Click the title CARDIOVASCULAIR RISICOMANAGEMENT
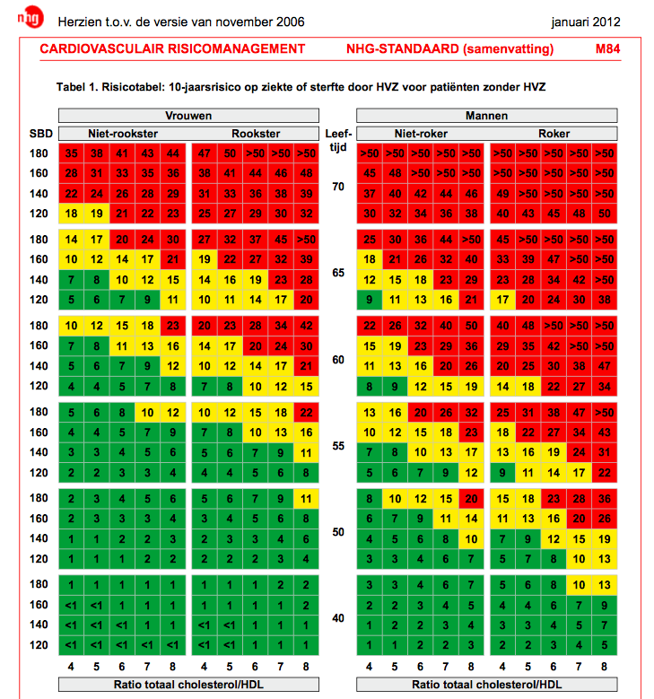tap(172, 49)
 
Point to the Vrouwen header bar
tap(187, 116)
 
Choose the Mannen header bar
tap(486, 116)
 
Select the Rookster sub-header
tap(255, 134)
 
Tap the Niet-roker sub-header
tap(421, 134)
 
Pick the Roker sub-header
tap(554, 134)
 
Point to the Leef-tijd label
tap(338, 139)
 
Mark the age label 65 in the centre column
tap(338, 273)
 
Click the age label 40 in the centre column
tap(338, 618)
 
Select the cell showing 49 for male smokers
tap(502, 194)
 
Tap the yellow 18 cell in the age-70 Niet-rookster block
tap(72, 214)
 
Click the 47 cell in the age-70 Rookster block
tap(204, 153)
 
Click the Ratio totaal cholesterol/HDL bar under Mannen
tap(486, 686)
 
